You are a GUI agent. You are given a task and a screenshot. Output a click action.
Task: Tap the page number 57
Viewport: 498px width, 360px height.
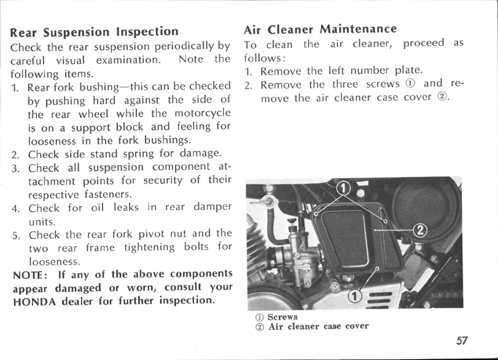tap(474, 340)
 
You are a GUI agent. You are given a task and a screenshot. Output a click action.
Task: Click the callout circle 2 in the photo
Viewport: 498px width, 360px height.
tap(421, 230)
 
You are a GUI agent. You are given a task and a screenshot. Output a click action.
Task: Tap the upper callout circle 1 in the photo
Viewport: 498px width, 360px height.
tap(344, 187)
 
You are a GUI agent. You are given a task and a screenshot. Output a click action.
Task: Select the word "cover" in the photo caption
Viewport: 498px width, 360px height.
tap(356, 326)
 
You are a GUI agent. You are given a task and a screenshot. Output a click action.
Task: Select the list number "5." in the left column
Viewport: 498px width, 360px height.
tap(17, 234)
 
